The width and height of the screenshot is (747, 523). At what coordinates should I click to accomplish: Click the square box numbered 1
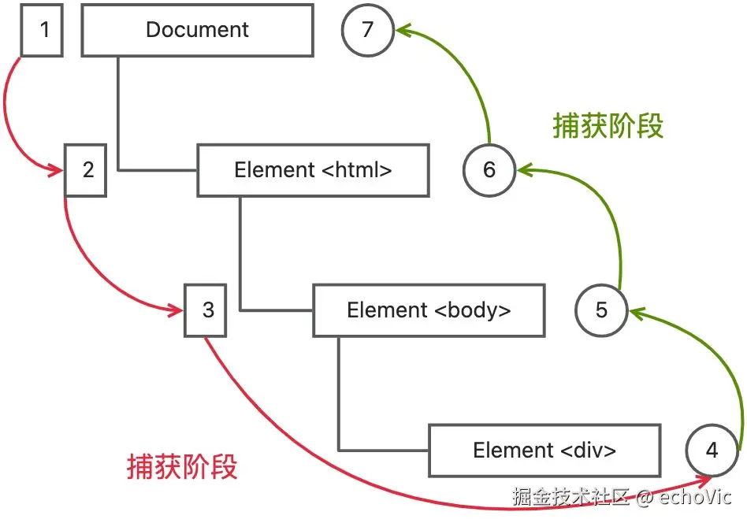42,32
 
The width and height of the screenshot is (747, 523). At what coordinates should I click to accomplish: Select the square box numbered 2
86,169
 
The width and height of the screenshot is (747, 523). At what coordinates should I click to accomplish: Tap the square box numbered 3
206,310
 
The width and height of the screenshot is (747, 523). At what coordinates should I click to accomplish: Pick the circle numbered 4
712,451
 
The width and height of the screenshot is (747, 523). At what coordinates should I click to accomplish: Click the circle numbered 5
601,310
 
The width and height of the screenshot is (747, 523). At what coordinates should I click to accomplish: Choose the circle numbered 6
489,169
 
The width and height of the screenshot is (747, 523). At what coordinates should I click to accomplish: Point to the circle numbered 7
368,32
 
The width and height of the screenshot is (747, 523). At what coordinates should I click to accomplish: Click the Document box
197,32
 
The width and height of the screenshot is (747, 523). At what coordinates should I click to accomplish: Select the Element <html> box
313,169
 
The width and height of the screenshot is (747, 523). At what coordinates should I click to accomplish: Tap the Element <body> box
429,310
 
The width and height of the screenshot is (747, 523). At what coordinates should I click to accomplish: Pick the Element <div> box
544,451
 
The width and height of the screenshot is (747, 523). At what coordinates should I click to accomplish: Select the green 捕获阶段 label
608,126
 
